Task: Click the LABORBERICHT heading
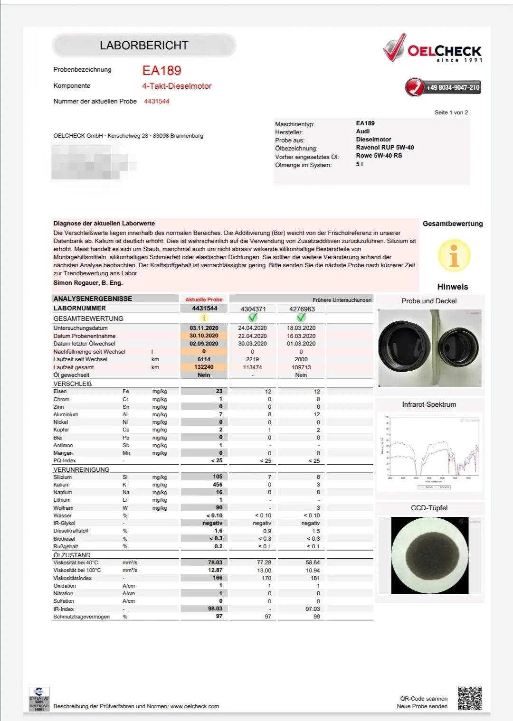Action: point(144,46)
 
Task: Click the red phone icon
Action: point(414,87)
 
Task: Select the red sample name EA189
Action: point(161,71)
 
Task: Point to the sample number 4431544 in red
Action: point(157,102)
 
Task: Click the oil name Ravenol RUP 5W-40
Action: point(385,148)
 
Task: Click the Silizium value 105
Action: point(218,477)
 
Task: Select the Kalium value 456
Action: point(218,485)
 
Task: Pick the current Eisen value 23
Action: point(219,391)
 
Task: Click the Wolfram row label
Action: point(63,508)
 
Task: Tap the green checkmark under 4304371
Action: point(253,318)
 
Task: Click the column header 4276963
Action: point(302,309)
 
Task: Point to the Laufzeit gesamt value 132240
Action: point(204,367)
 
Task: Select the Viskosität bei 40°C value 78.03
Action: point(215,562)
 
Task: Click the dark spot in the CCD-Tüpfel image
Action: point(429,555)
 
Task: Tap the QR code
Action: point(470,698)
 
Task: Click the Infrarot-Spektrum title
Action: point(429,404)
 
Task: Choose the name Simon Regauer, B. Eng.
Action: point(88,283)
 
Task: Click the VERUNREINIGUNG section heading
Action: point(81,469)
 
